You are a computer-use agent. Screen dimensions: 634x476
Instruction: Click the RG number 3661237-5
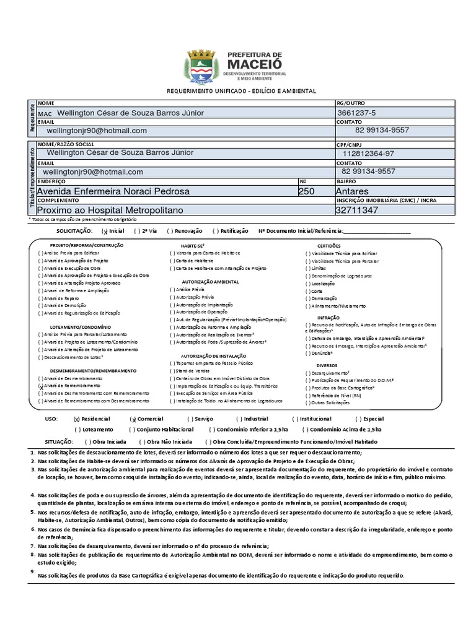[356, 113]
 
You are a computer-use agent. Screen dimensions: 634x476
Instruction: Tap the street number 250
[306, 191]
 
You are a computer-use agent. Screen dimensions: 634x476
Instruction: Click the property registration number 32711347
[356, 211]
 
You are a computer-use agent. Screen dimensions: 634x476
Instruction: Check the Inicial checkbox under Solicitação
[105, 231]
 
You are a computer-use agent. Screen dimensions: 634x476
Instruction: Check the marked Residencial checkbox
[77, 419]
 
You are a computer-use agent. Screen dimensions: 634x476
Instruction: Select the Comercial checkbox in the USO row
[133, 419]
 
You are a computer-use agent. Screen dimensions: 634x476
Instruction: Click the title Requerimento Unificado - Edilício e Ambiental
[241, 91]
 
